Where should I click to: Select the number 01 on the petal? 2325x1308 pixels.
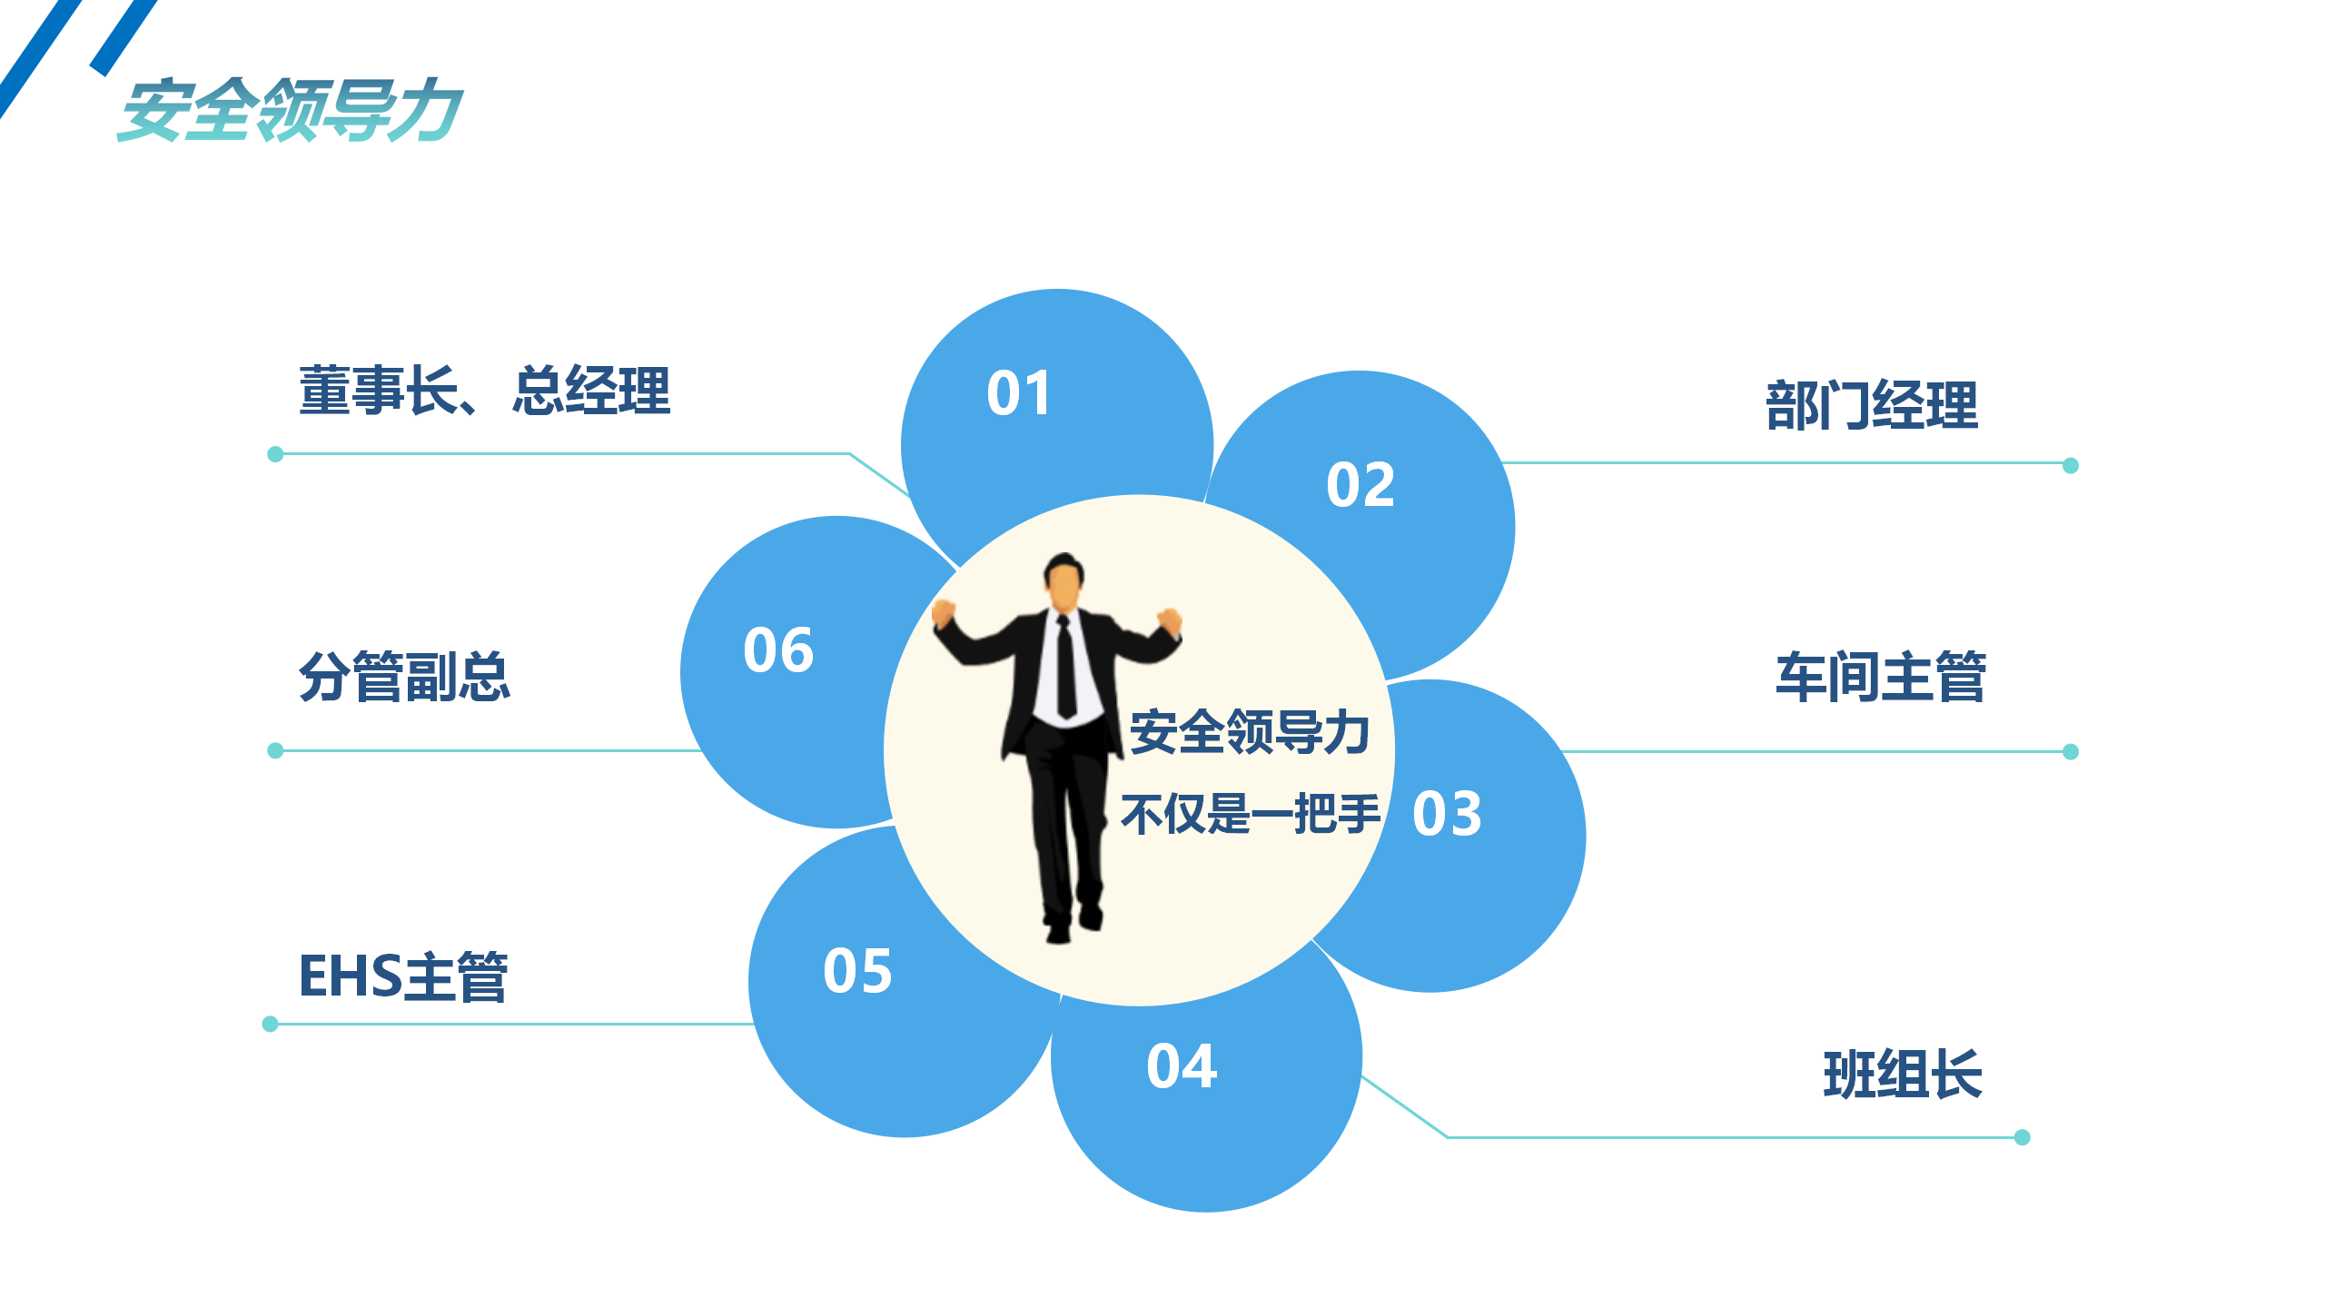[x=1019, y=393]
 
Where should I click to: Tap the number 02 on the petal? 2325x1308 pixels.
[x=1360, y=484]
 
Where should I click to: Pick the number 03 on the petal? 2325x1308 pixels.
[x=1447, y=813]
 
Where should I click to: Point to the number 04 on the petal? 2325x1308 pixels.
[x=1182, y=1065]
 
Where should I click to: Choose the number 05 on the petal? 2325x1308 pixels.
[x=857, y=970]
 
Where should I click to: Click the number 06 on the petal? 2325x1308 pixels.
[x=778, y=649]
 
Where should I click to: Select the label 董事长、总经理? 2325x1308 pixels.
[x=485, y=391]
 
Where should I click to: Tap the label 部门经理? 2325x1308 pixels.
[x=1872, y=404]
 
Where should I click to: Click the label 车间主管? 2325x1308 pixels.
[x=1881, y=677]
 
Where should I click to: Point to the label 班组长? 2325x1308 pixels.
[x=1903, y=1074]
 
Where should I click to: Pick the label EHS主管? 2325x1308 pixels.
[x=403, y=976]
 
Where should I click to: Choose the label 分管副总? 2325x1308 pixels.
[x=404, y=677]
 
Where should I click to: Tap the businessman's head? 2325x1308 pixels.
[x=1064, y=582]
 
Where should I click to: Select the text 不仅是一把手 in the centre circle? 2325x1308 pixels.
[x=1251, y=813]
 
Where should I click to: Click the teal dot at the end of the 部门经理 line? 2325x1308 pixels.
[x=2071, y=465]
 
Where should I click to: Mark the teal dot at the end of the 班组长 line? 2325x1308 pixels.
[x=2023, y=1137]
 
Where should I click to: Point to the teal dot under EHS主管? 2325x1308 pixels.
[x=270, y=1024]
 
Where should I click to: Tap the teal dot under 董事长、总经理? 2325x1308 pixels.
[x=275, y=453]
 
